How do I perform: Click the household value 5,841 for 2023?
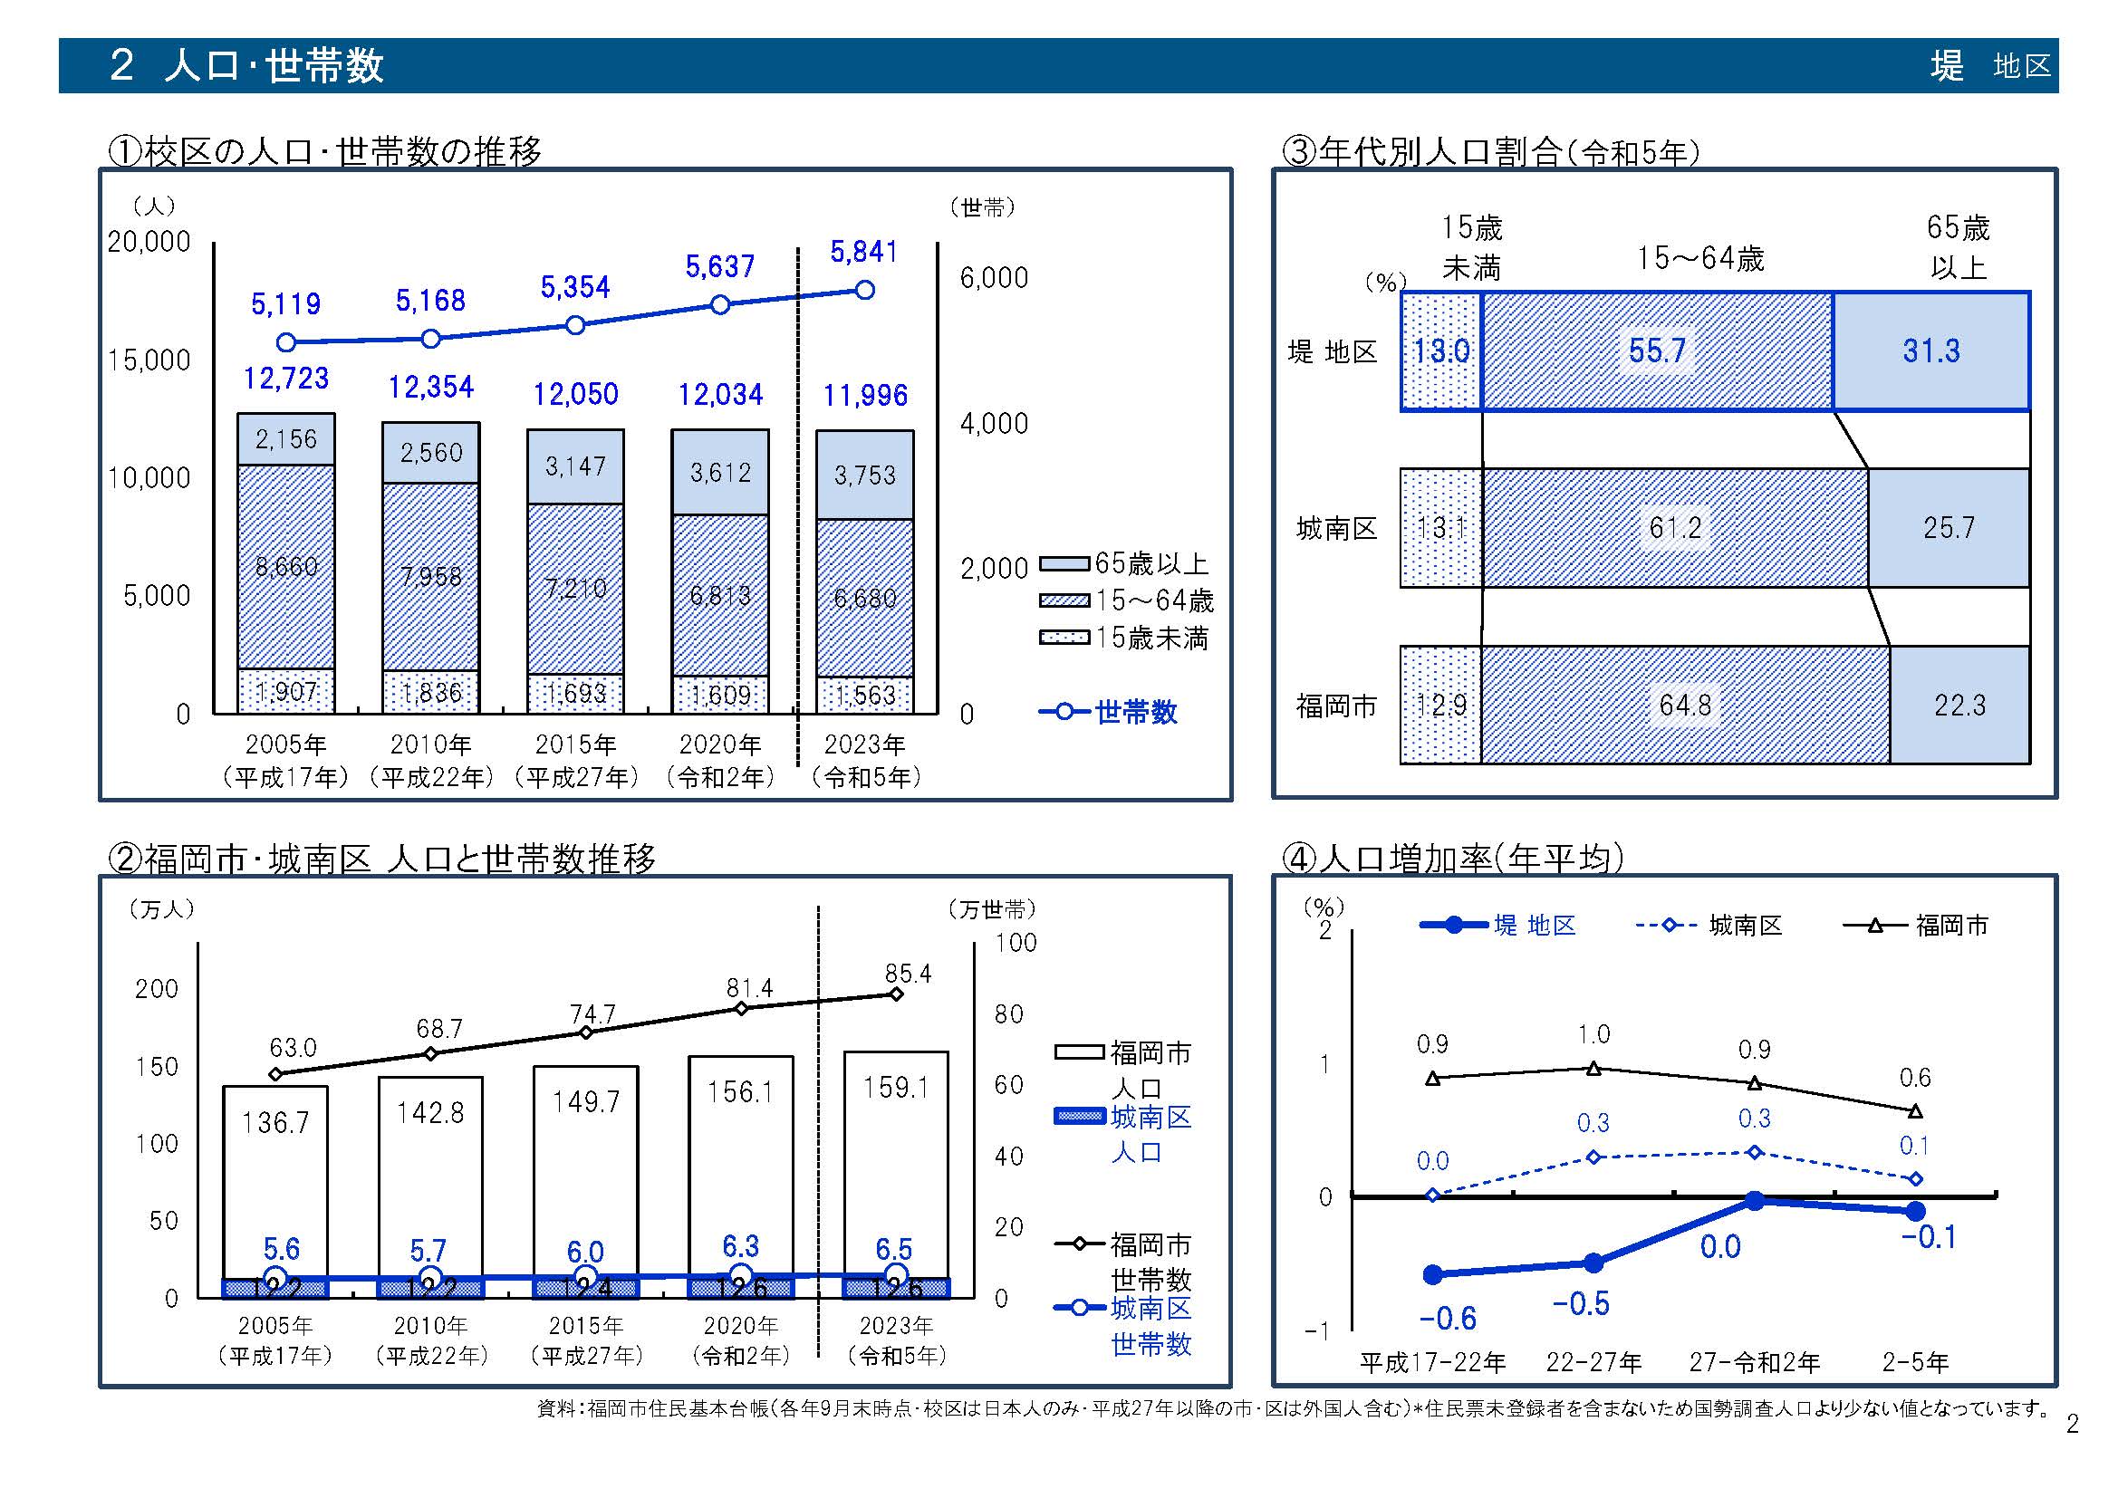[863, 252]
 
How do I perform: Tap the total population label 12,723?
[286, 379]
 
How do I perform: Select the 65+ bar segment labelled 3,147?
[575, 466]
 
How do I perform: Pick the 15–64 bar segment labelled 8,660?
[286, 566]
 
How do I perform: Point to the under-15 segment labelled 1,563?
[864, 696]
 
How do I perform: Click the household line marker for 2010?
[431, 339]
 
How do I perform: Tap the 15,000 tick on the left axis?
[149, 360]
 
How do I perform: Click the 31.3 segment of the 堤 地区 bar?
[1930, 351]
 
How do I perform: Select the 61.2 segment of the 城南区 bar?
[1675, 528]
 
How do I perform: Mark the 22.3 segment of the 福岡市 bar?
[1959, 706]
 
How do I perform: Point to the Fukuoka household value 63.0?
[293, 1048]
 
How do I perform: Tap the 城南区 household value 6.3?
[741, 1247]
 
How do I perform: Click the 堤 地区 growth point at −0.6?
[1432, 1275]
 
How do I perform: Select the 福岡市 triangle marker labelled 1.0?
[1593, 1069]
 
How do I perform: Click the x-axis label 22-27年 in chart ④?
[1594, 1362]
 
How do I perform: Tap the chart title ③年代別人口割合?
[1490, 151]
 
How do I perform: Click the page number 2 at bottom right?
[2072, 1426]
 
